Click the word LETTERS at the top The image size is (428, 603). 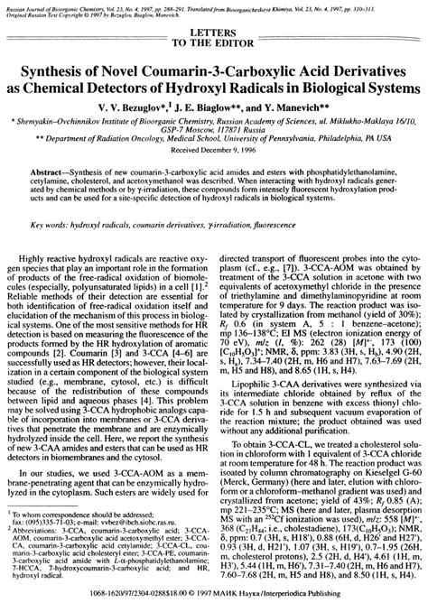point(214,31)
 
